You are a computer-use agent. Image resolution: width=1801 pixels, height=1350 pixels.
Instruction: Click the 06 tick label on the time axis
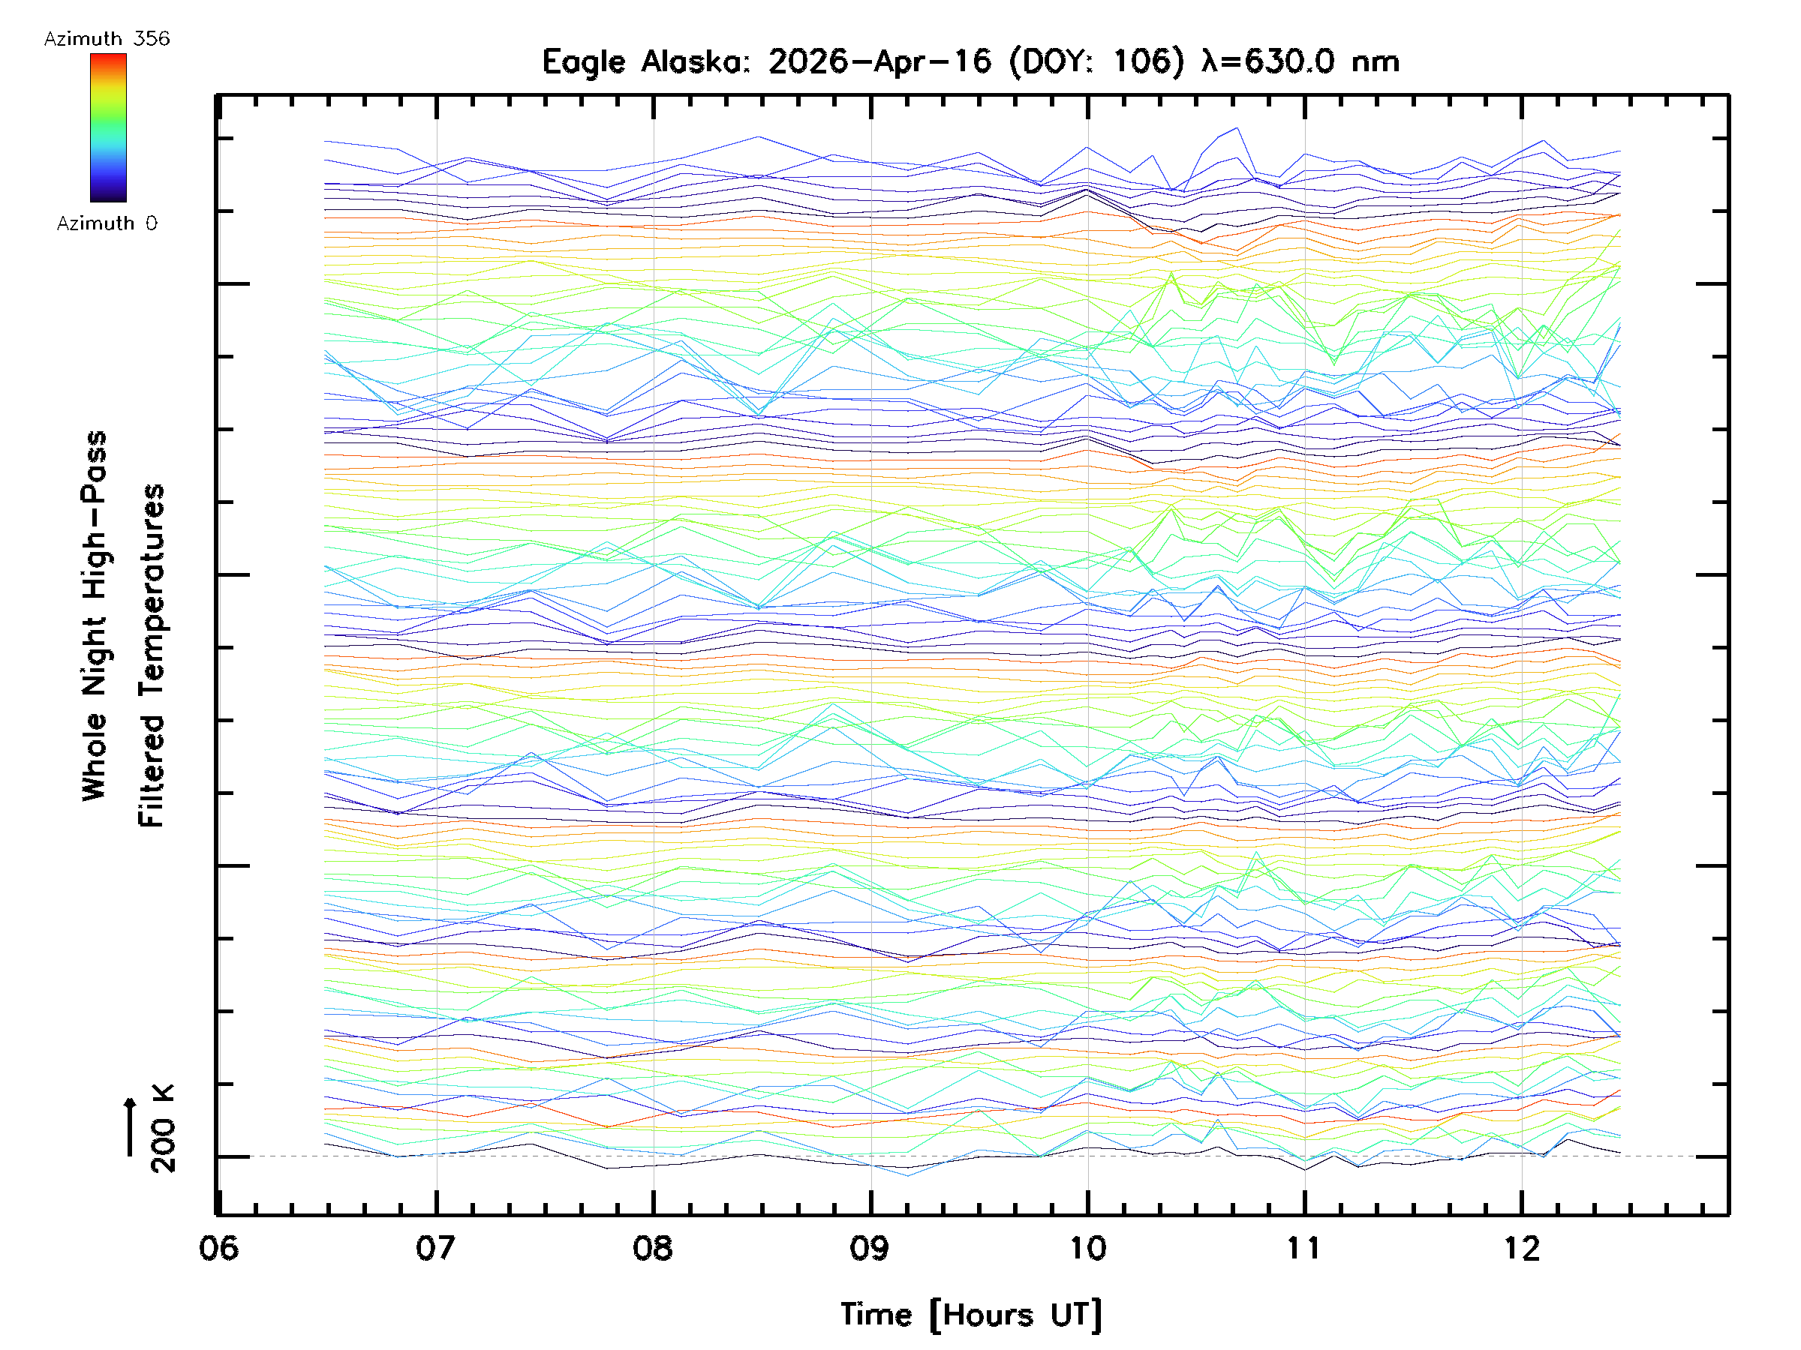click(218, 1248)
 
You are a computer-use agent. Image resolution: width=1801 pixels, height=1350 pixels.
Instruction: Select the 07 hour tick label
click(435, 1248)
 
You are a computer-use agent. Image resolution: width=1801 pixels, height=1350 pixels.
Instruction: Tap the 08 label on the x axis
click(653, 1248)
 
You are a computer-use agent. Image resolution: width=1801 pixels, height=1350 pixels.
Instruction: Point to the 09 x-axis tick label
click(870, 1248)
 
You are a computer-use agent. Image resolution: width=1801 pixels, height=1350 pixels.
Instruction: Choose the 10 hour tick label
click(1088, 1248)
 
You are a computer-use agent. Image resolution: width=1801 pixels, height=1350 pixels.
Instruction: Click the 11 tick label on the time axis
click(1304, 1248)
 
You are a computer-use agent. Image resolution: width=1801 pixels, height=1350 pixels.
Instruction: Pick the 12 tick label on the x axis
click(1522, 1248)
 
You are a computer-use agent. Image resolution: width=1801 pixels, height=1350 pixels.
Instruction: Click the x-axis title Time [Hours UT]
click(971, 1315)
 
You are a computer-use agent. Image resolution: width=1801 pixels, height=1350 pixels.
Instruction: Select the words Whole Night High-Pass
click(95, 616)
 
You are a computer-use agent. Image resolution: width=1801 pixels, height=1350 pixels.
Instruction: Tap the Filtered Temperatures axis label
click(152, 656)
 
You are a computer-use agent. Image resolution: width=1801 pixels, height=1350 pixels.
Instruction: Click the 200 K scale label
click(163, 1129)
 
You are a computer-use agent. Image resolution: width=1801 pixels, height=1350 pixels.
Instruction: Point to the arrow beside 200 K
click(131, 1126)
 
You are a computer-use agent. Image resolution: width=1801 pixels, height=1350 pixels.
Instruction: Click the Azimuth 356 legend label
click(107, 39)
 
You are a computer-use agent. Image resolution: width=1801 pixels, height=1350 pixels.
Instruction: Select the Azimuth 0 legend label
click(107, 223)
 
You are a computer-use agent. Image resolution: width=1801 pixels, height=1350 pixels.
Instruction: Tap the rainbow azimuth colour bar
click(108, 127)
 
